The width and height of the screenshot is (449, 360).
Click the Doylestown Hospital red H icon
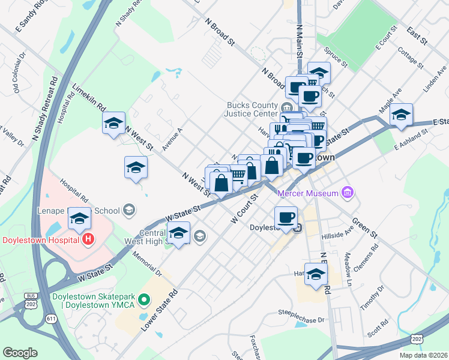click(x=88, y=239)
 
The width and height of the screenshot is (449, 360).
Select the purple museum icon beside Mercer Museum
click(x=347, y=193)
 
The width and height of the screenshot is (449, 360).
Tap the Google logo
click(x=20, y=353)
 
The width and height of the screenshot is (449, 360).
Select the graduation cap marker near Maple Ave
click(x=401, y=115)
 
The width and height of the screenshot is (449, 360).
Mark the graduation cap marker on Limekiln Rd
click(x=114, y=124)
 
